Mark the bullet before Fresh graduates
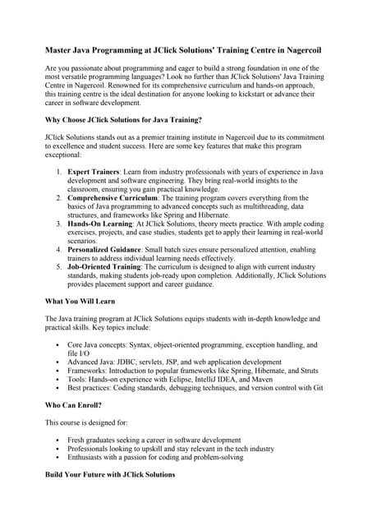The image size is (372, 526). click(57, 440)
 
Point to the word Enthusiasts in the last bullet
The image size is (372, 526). click(89, 458)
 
